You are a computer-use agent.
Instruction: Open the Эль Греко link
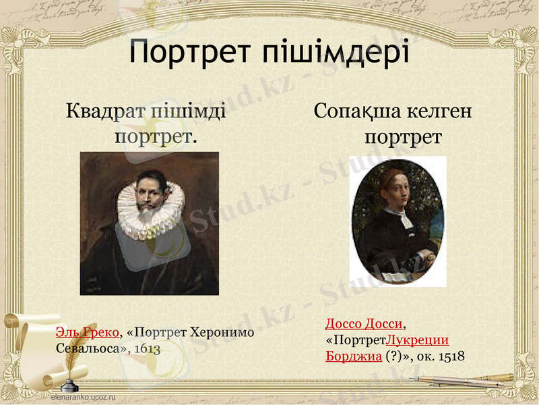coord(88,333)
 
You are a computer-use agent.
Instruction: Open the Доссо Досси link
coord(364,324)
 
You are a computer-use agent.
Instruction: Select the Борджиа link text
coord(354,355)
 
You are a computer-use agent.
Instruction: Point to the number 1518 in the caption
coord(451,355)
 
